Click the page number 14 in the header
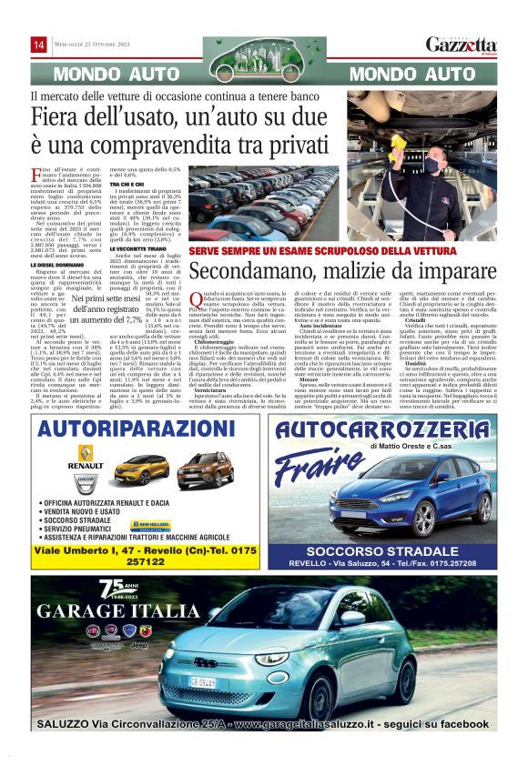click(x=39, y=45)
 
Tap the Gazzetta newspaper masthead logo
click(x=462, y=45)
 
